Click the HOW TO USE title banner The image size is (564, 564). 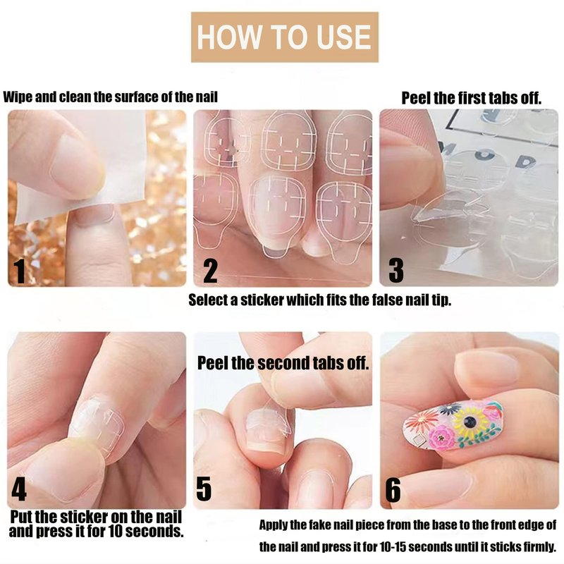(x=284, y=37)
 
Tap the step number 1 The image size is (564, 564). (x=20, y=271)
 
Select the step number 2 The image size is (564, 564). (x=210, y=271)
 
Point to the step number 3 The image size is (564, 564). (x=396, y=270)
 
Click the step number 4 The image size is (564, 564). (x=19, y=489)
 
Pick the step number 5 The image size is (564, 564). (x=204, y=489)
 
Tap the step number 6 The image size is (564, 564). (x=393, y=490)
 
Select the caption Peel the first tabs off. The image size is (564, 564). (x=471, y=98)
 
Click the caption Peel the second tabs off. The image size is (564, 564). (x=283, y=363)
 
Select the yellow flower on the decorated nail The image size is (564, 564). (x=469, y=422)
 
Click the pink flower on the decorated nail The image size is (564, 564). (x=442, y=437)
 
